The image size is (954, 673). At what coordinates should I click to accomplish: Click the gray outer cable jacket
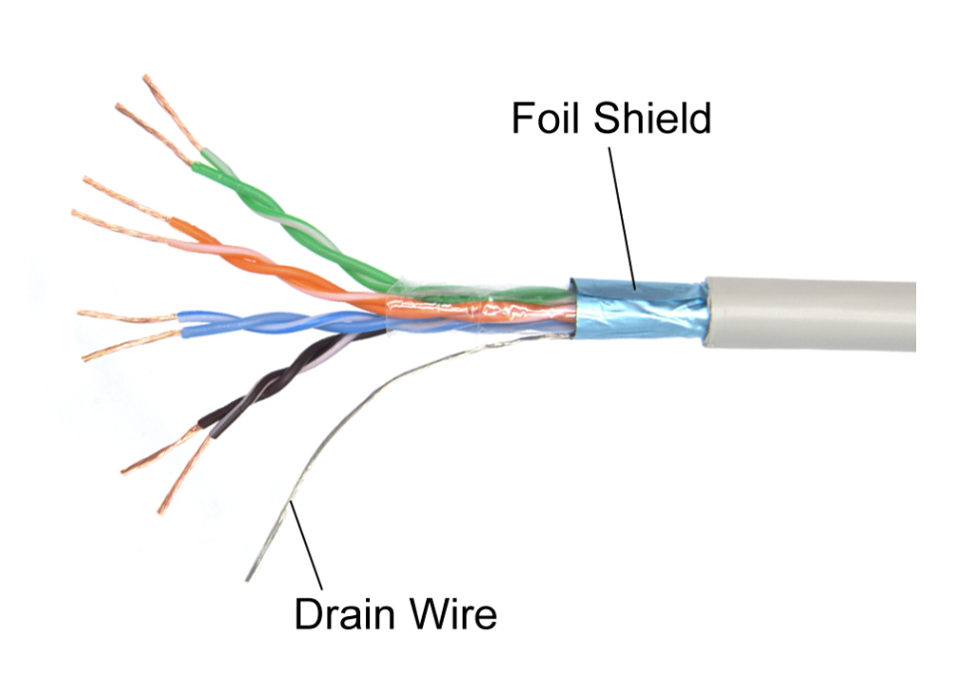tap(816, 313)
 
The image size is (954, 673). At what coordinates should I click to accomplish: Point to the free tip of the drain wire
tap(248, 578)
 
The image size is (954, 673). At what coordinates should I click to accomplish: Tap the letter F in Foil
tap(521, 118)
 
